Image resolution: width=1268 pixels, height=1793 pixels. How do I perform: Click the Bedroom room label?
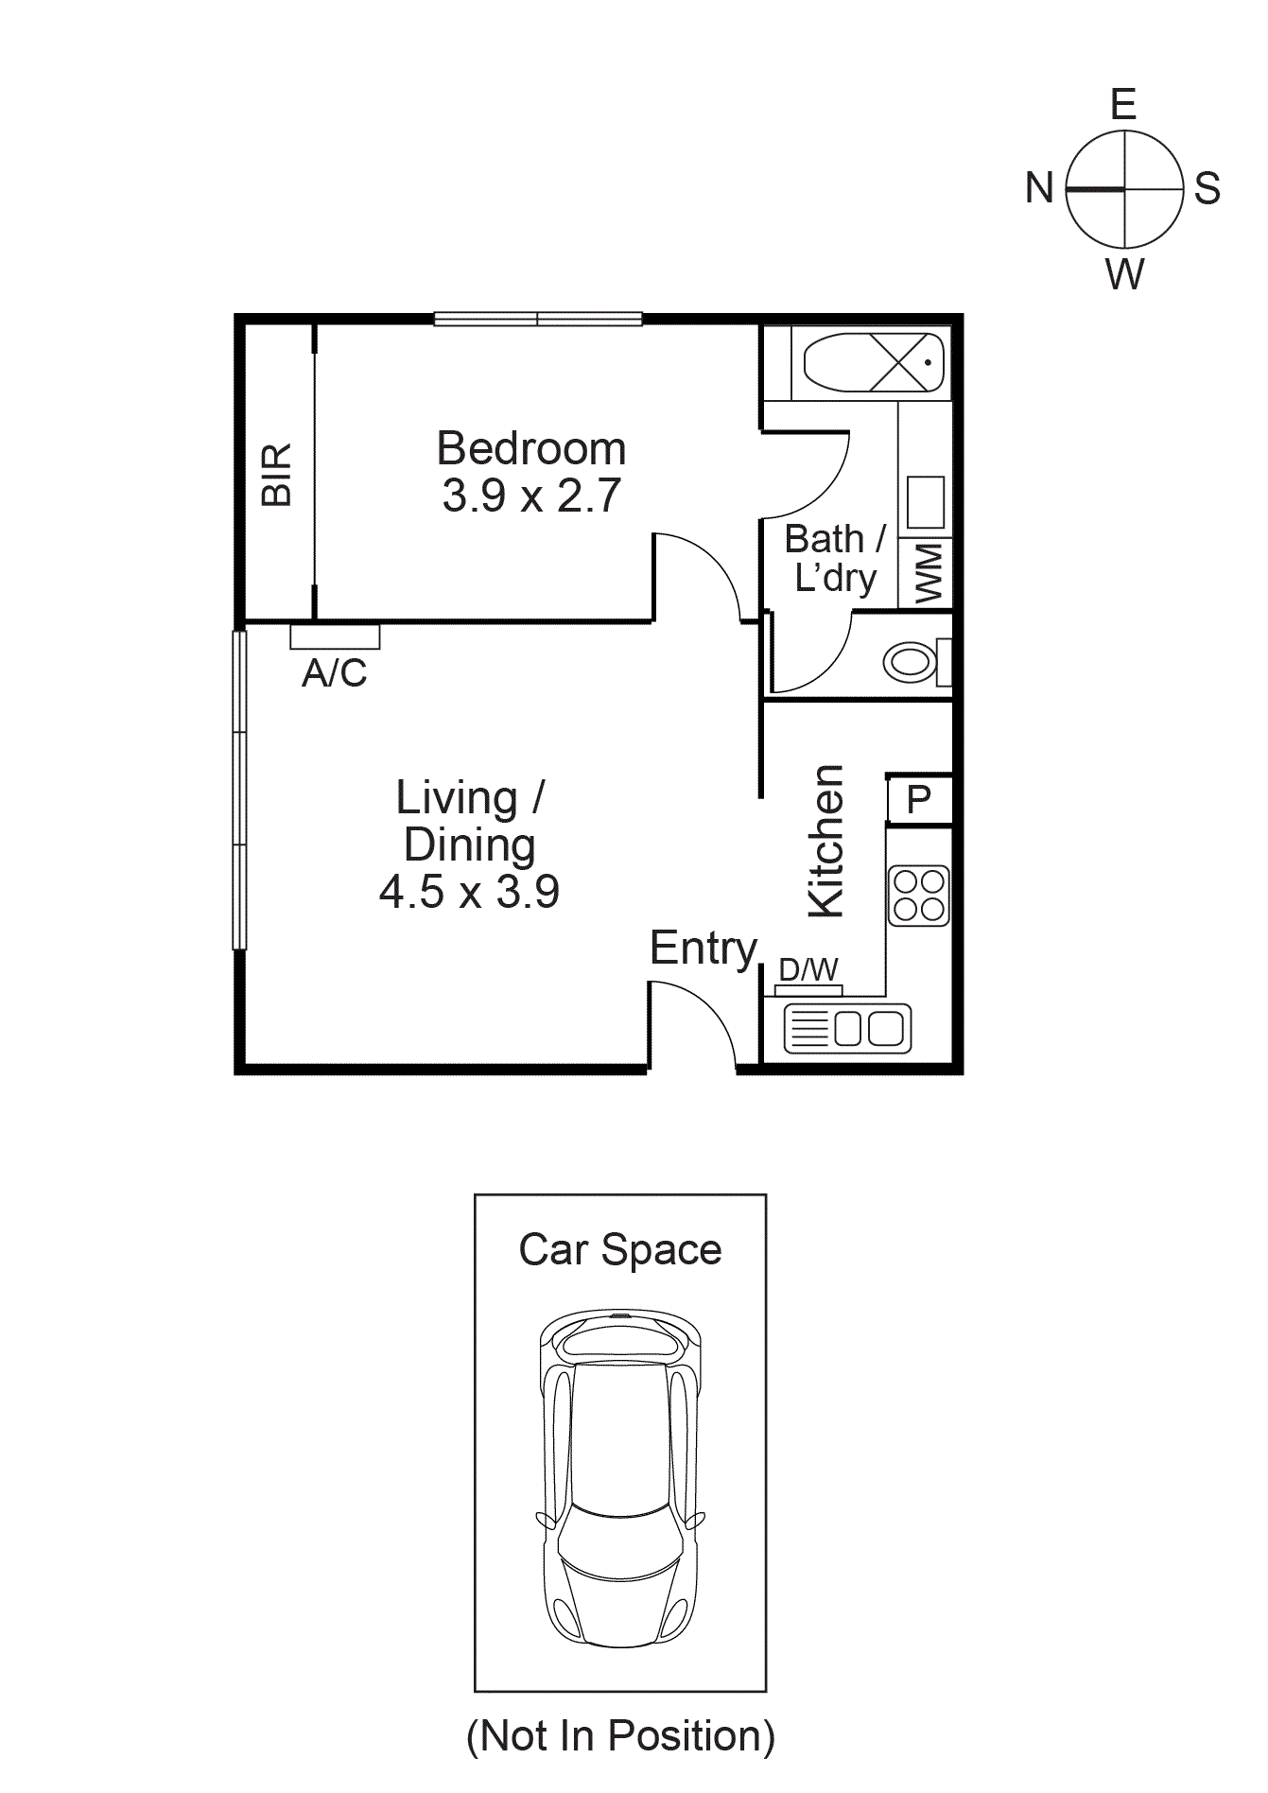click(x=530, y=449)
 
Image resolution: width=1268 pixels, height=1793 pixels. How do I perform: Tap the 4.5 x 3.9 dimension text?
click(x=469, y=892)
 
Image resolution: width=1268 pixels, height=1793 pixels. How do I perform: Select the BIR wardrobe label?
click(x=276, y=475)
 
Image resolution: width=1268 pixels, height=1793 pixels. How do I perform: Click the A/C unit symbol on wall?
click(x=335, y=636)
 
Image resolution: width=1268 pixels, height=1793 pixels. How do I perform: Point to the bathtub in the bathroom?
click(x=874, y=362)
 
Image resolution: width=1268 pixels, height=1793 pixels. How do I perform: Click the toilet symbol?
click(x=912, y=661)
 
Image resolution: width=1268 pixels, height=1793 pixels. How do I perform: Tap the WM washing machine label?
click(x=929, y=572)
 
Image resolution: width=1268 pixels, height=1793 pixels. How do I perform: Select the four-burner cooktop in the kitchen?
click(x=919, y=896)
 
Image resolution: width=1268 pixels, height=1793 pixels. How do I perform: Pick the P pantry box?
click(x=919, y=799)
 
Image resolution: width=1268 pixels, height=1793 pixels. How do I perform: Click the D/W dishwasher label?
click(x=808, y=969)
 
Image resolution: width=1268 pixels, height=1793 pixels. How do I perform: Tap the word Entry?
click(x=703, y=948)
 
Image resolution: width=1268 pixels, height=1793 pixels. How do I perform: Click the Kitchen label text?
click(x=825, y=841)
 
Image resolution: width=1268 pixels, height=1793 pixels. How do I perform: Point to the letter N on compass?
click(x=1039, y=187)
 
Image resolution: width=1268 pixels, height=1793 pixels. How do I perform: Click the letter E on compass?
click(x=1122, y=104)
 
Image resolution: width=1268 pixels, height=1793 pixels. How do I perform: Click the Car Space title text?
click(x=620, y=1249)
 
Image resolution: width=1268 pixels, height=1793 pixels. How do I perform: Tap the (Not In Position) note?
click(x=620, y=1735)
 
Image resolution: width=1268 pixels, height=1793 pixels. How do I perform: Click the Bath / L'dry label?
click(x=835, y=558)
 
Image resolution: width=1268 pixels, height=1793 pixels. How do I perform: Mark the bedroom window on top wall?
click(x=538, y=320)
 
